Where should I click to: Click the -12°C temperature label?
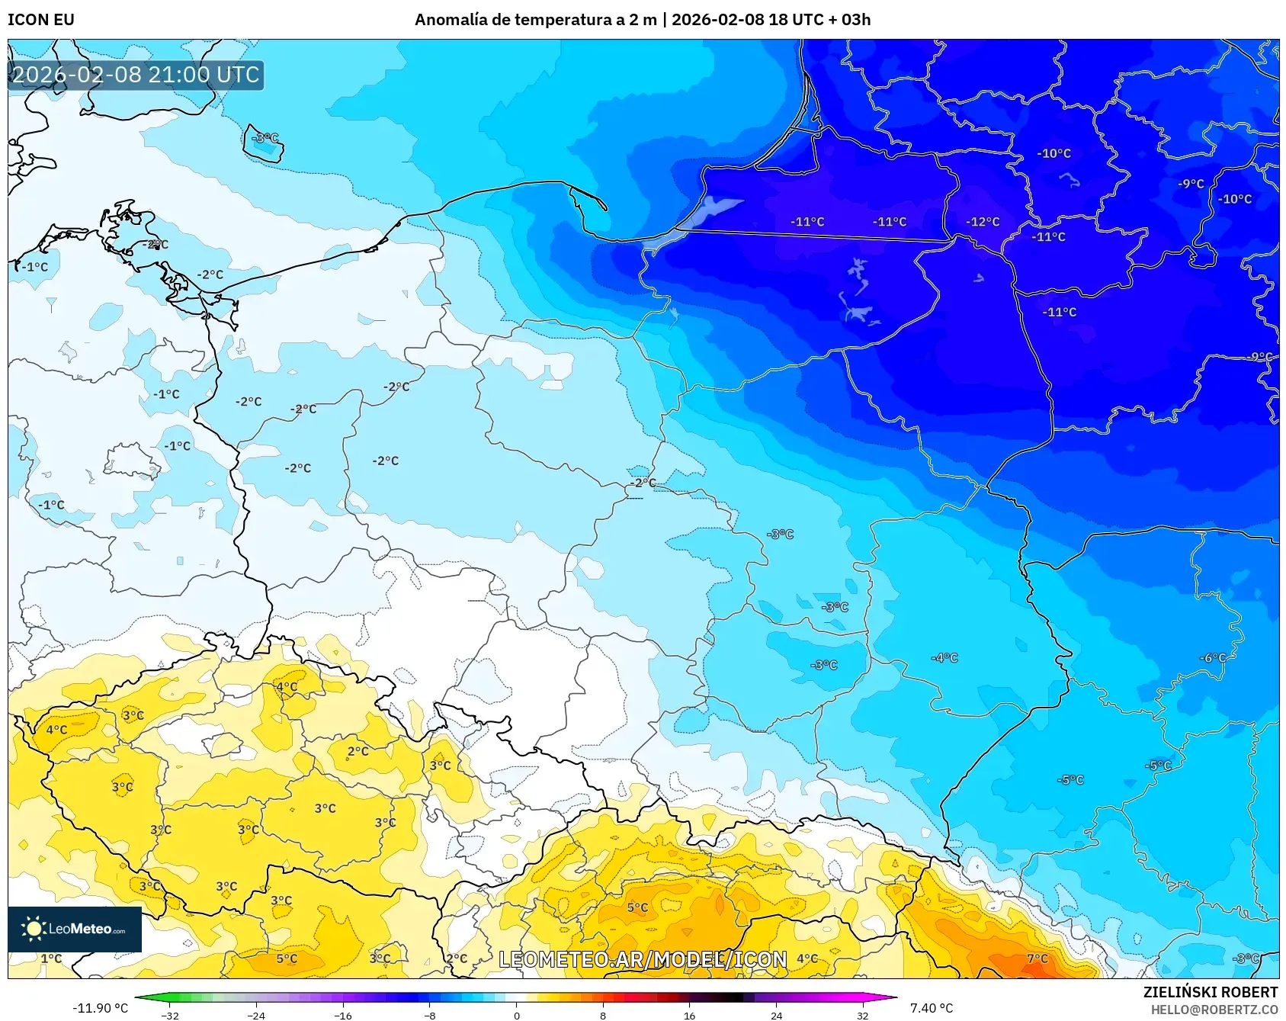983,222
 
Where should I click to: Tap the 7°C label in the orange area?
1037,958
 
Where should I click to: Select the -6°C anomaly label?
1213,658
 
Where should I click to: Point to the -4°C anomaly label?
944,657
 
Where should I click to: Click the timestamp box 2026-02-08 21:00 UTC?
136,75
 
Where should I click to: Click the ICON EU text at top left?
41,20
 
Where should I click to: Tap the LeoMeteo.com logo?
75,929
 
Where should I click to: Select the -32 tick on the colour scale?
170,1015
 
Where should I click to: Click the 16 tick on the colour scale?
689,1015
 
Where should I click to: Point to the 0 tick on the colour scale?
517,1015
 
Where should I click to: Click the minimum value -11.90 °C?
100,1008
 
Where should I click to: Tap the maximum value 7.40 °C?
932,1008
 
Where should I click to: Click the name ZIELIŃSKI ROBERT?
1210,992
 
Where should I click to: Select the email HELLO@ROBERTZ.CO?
1214,1010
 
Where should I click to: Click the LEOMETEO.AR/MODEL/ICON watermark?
643,959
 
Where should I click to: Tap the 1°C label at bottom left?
51,958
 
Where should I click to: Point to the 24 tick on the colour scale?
776,1015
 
